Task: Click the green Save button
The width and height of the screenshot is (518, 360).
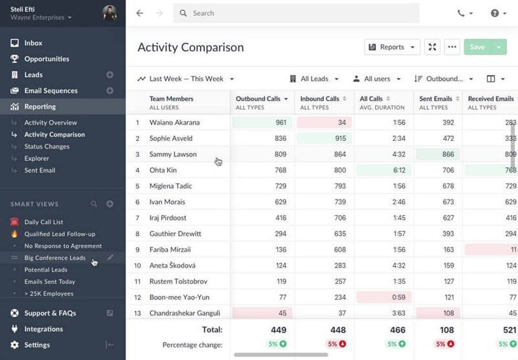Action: coord(477,47)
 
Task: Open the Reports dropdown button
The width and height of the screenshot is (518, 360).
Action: coord(392,47)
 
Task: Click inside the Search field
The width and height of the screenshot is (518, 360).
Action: coord(296,13)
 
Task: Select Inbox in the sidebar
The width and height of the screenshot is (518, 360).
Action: coord(33,43)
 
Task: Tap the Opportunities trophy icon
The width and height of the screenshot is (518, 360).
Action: coord(15,59)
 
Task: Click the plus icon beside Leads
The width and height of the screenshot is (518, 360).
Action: coord(110,75)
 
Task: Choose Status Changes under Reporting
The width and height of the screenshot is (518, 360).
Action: coord(47,146)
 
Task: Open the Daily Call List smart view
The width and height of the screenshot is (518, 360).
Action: coord(44,222)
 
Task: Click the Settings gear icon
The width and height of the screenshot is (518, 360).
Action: coord(15,345)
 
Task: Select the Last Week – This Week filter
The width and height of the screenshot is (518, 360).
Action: coord(186,79)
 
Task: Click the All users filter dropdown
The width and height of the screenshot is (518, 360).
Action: coord(377,79)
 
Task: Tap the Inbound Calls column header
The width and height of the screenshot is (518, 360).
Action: coord(320,99)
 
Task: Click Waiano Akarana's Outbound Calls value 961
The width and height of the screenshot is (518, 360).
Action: coord(281,122)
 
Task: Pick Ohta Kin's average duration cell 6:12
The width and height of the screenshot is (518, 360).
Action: coord(399,170)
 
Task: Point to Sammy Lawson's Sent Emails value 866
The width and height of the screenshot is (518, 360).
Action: coord(448,154)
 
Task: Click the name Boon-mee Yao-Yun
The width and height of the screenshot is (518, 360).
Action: coord(180,297)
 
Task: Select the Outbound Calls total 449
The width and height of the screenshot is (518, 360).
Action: coord(279,330)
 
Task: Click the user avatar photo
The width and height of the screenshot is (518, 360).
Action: coord(110,13)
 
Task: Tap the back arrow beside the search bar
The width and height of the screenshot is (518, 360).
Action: coord(140,13)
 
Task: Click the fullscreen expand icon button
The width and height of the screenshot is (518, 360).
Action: coord(432,47)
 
